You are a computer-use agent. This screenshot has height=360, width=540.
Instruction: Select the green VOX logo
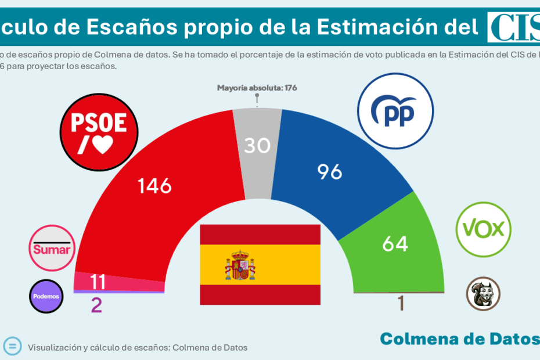point(483,229)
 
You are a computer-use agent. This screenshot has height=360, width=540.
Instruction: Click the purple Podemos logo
point(46,296)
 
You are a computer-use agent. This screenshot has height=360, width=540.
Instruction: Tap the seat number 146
point(154,186)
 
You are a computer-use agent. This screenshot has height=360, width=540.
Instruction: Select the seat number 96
point(329,171)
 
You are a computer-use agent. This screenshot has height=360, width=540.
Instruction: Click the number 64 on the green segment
point(395,243)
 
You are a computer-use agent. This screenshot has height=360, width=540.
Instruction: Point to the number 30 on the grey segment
point(257,145)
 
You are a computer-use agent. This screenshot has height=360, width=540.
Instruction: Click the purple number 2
point(96,305)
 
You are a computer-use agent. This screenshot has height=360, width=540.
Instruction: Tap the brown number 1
point(401,303)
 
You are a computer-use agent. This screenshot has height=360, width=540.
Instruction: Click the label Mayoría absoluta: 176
point(257,88)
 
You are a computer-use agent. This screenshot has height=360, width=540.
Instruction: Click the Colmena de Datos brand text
point(458,338)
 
